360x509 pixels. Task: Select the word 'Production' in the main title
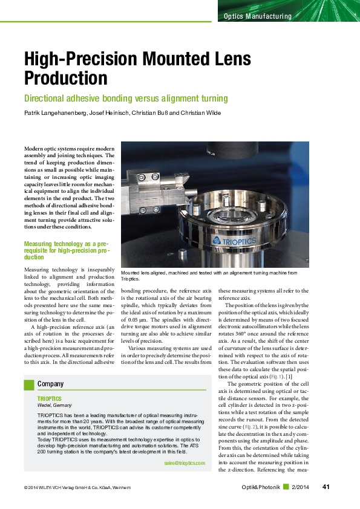(66, 78)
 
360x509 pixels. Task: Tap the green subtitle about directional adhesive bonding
(125, 99)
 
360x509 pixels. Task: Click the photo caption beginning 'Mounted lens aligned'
(209, 276)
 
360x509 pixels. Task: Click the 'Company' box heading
(51, 384)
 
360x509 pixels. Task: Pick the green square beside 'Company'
(28, 384)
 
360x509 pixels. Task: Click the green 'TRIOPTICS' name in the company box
(50, 400)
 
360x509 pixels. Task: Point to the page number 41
(326, 487)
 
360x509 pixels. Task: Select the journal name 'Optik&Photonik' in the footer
(261, 487)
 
